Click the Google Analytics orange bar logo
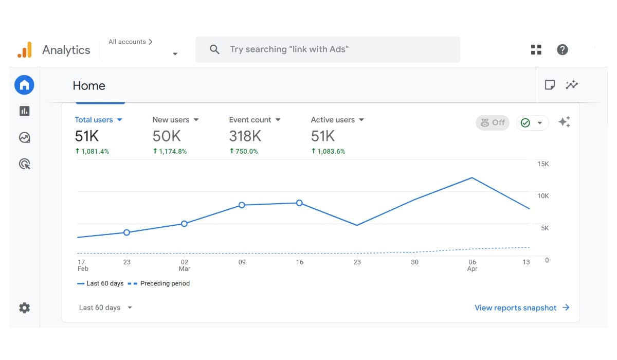coord(25,50)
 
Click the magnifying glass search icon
coord(214,49)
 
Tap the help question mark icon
coord(562,49)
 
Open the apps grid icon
coord(536,49)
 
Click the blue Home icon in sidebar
coord(24,85)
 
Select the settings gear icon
coord(25,308)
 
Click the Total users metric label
coord(94,120)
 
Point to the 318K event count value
coord(245,136)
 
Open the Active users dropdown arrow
coord(361,120)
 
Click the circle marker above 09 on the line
coord(242,205)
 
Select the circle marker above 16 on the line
coord(299,203)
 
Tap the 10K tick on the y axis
coord(543,196)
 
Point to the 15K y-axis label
coord(543,164)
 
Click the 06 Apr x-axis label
coord(472,265)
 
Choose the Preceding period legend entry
coord(159,283)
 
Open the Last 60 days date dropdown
coord(105,308)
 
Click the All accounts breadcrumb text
coord(127,42)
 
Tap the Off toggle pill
coord(493,122)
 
